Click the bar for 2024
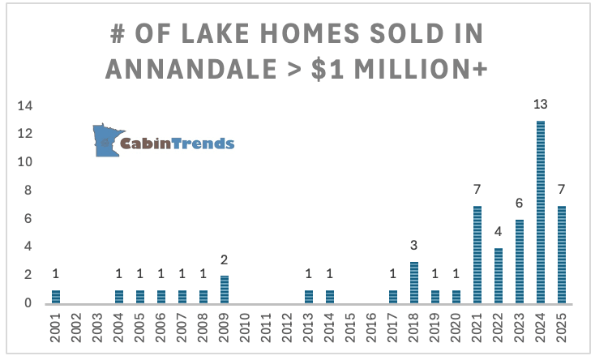tap(540, 212)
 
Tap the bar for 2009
tap(224, 289)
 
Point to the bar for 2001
tap(55, 296)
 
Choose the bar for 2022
tap(498, 276)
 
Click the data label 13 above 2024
tap(540, 105)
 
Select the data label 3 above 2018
tap(413, 246)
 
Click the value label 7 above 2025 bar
tap(561, 189)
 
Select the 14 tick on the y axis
tap(26, 106)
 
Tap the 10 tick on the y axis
tap(26, 162)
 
